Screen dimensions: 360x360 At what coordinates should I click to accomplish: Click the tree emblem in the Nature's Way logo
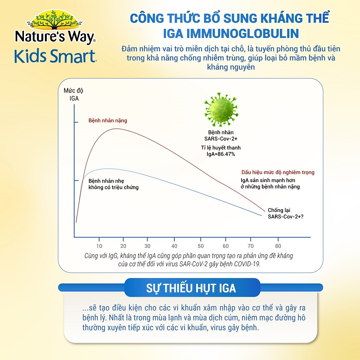coord(54,20)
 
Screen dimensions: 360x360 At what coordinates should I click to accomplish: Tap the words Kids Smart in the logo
coord(55,56)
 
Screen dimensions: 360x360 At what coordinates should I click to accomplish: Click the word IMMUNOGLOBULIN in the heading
coord(243,33)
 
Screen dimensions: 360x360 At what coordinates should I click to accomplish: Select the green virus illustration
coord(221,110)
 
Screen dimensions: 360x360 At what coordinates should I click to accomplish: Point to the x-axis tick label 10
coord(99,246)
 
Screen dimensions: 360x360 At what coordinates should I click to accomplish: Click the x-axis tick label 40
coord(174,246)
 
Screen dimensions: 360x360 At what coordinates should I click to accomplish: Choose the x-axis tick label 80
coord(278,246)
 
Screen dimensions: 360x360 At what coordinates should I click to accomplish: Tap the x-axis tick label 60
coord(226,246)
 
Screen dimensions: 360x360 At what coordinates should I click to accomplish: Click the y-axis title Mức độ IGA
coord(73,94)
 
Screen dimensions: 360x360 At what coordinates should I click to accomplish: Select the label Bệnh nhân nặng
coord(108,121)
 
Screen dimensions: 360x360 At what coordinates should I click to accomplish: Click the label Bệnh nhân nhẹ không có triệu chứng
coord(114,184)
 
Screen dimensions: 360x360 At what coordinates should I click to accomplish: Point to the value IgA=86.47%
coord(221,154)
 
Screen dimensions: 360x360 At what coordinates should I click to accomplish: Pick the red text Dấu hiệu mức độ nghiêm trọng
coord(278,172)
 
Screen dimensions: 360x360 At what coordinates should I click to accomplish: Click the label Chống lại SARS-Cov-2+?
coord(285,213)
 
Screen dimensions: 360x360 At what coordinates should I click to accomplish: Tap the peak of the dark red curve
coord(116,129)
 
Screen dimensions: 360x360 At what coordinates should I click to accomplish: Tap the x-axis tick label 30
coord(147,246)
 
